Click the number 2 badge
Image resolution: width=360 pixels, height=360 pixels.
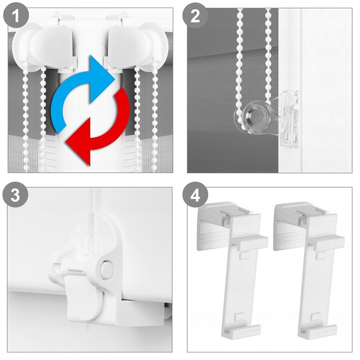[x=195, y=16]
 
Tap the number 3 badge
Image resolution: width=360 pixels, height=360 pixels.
[x=15, y=195]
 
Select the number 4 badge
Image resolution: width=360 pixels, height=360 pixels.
[x=195, y=195]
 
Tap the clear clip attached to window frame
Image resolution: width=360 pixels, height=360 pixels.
[x=288, y=118]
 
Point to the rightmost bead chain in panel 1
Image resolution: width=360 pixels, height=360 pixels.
[x=155, y=120]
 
